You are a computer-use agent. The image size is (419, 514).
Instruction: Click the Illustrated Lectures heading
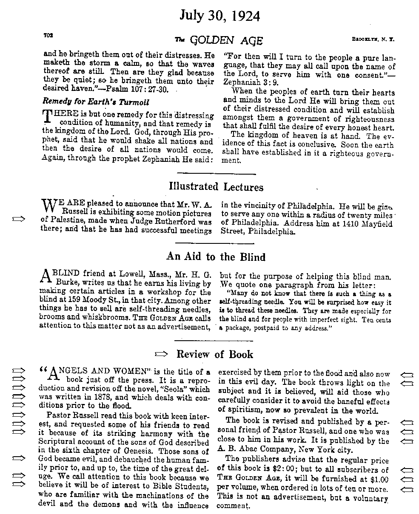coord(216,187)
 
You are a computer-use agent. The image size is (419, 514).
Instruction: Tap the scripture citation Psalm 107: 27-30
coord(145,90)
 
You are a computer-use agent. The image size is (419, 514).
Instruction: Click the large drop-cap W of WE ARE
coord(48,206)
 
